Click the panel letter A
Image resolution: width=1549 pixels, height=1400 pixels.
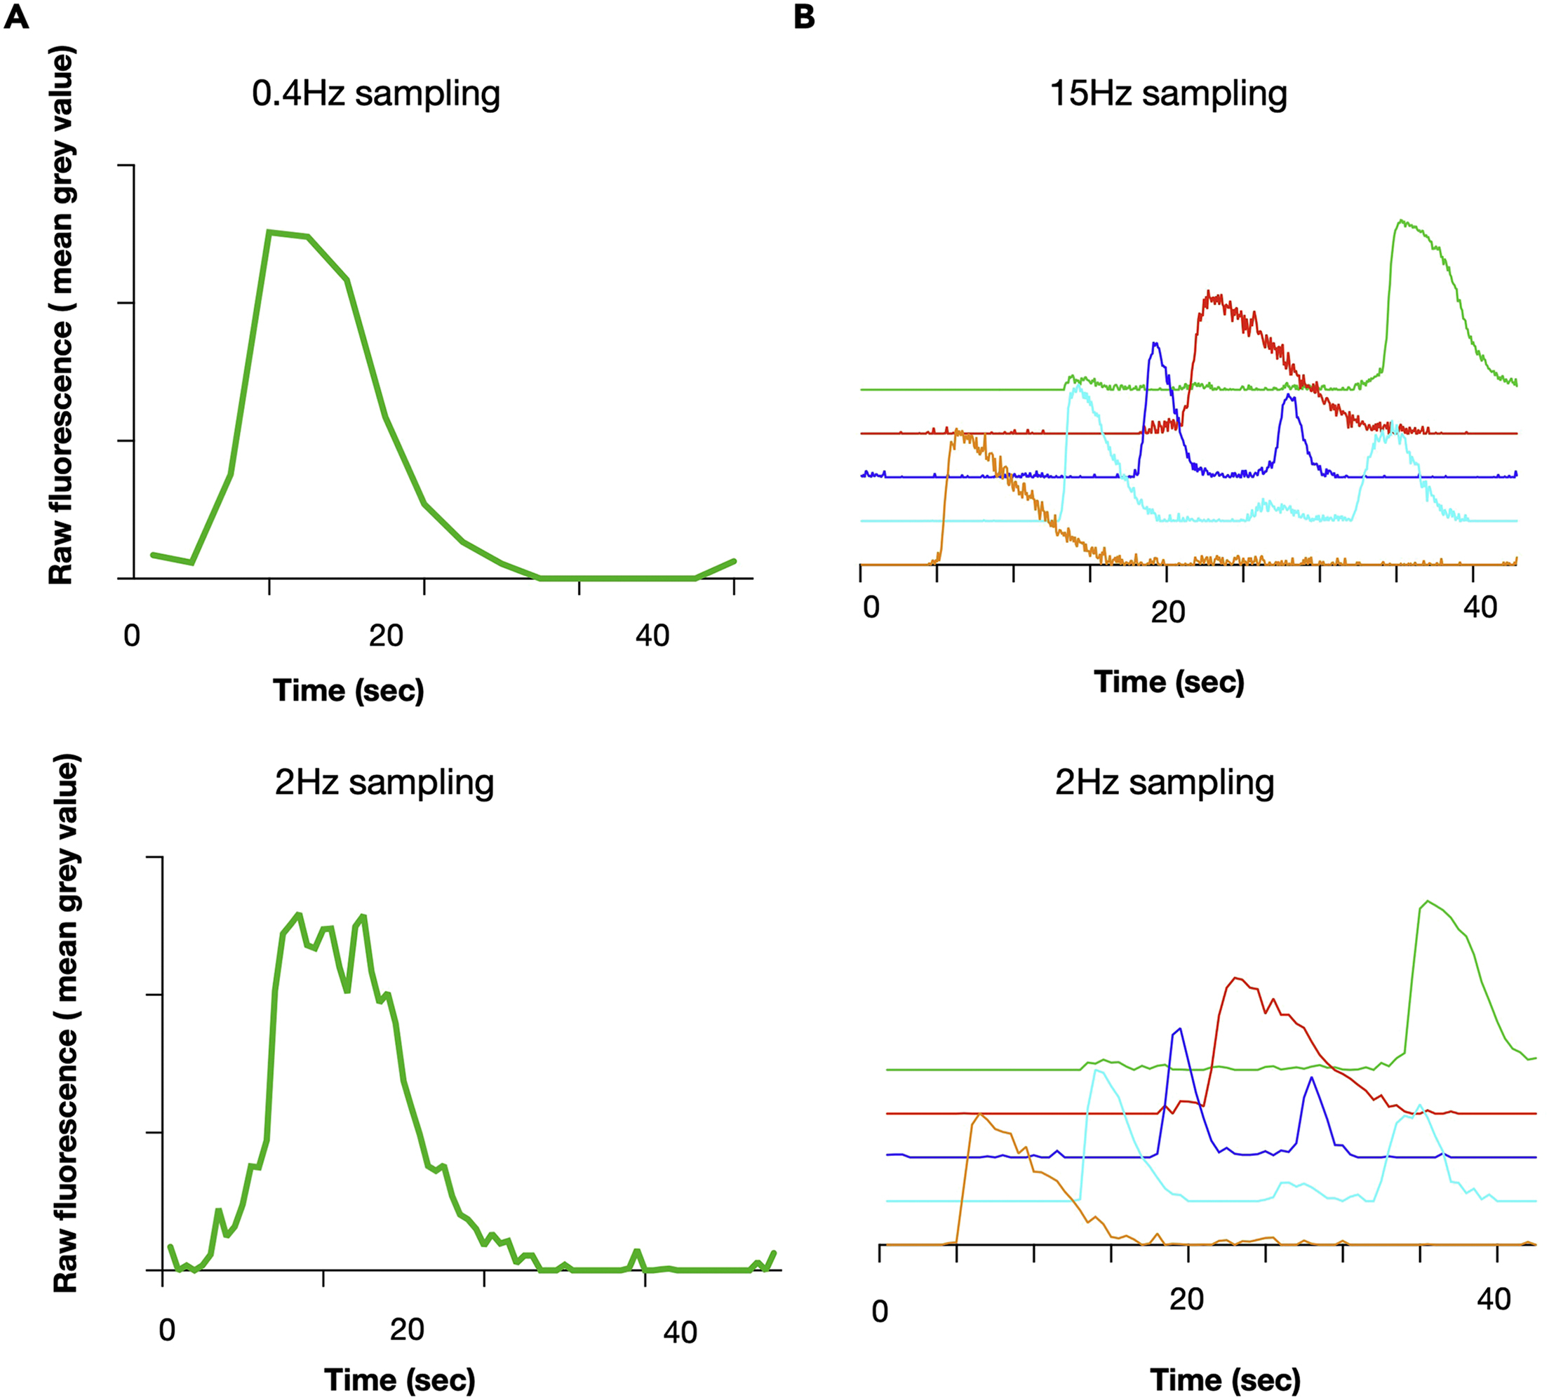[16, 16]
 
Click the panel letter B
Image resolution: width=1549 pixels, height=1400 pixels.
[804, 16]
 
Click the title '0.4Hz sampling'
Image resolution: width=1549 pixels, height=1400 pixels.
[376, 93]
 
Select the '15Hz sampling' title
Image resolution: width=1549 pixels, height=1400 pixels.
[1168, 93]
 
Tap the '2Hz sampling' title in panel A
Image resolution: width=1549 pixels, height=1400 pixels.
[384, 782]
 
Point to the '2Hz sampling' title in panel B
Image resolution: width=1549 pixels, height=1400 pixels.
[1165, 782]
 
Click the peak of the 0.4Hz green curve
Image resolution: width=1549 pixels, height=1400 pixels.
[269, 231]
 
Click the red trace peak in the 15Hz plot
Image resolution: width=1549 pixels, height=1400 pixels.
[1209, 292]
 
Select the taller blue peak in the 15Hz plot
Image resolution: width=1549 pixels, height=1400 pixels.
[1155, 344]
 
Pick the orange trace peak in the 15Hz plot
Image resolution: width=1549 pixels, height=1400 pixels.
[955, 431]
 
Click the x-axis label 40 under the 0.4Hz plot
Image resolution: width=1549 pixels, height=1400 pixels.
[652, 635]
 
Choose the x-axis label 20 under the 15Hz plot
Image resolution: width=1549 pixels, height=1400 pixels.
[1168, 612]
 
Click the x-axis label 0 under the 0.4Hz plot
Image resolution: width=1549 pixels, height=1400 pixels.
[131, 635]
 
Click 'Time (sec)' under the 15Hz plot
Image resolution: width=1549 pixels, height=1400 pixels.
[1169, 682]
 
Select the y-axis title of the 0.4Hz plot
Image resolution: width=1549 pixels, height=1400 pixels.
[61, 315]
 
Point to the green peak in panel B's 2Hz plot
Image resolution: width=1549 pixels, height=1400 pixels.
[1428, 901]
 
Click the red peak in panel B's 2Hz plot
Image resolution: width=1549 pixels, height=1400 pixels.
[1235, 978]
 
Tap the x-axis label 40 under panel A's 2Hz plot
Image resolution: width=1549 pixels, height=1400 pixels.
[680, 1333]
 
